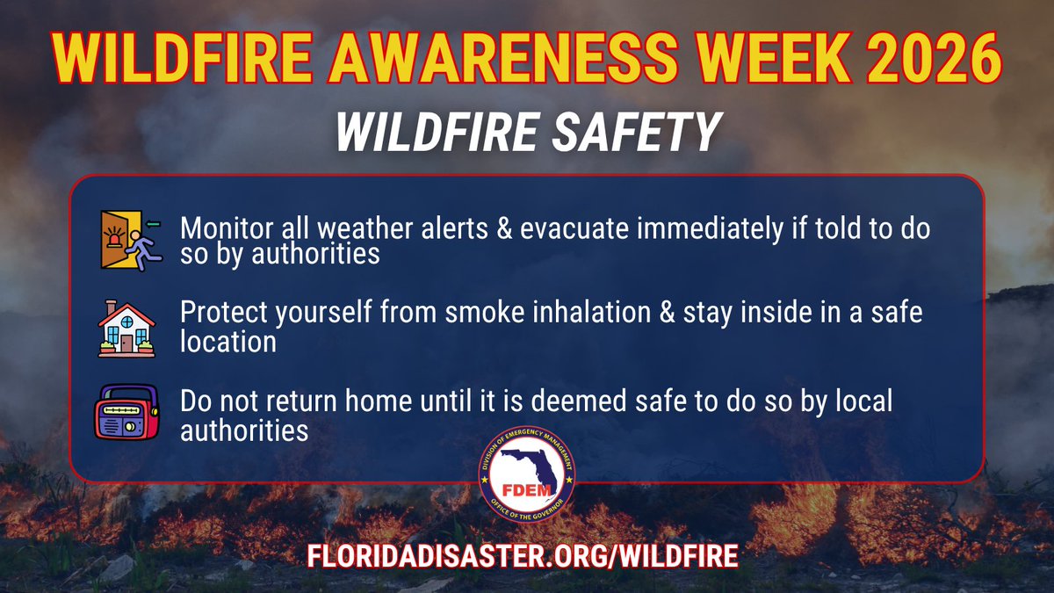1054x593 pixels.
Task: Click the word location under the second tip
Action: click(227, 342)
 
